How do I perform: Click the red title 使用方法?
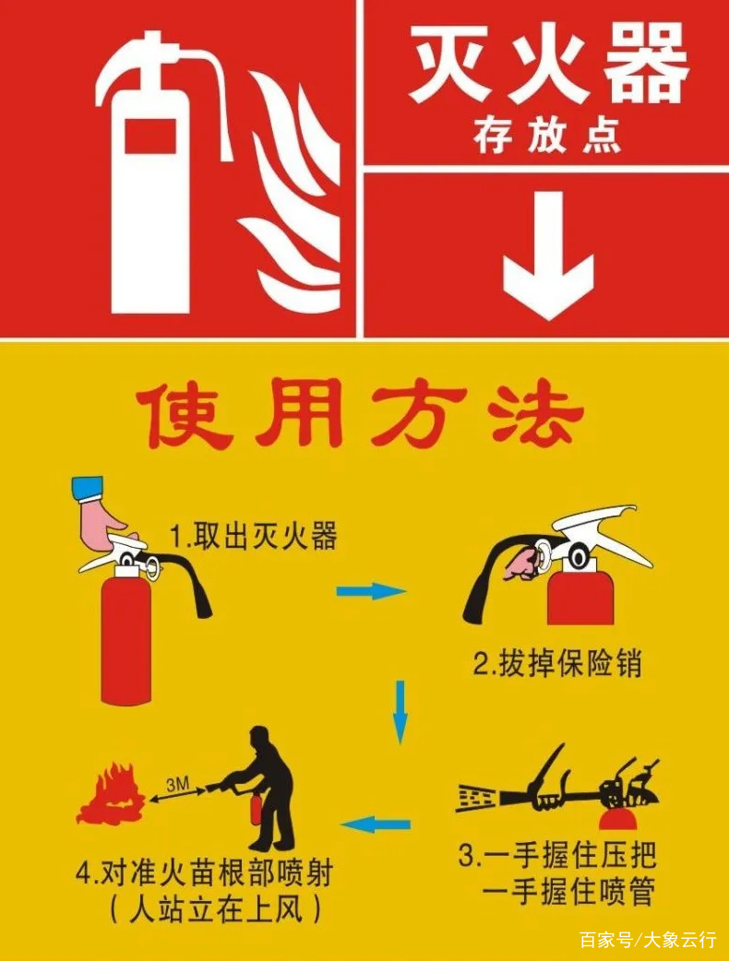coord(361,416)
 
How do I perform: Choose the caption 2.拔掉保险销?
coord(556,663)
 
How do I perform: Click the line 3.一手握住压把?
coord(558,855)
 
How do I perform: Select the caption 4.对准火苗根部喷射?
coord(204,872)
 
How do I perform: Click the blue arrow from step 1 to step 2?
coord(370,591)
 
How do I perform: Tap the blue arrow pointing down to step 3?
coord(400,711)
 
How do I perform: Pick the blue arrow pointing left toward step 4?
coord(376,824)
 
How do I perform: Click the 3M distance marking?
coord(177,784)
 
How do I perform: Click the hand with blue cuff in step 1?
coord(101,513)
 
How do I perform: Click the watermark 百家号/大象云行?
coord(647,940)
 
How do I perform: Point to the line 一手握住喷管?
coord(568,892)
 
